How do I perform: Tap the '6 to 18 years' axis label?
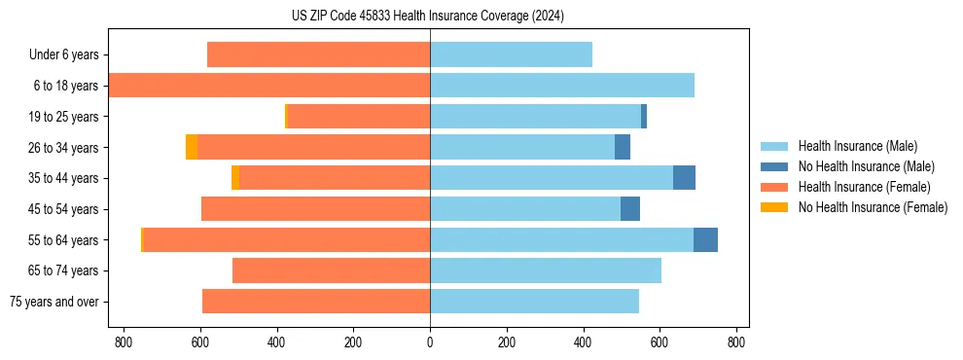pyautogui.click(x=65, y=86)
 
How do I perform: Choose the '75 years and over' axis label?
pyautogui.click(x=54, y=302)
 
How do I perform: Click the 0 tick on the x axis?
pyautogui.click(x=430, y=342)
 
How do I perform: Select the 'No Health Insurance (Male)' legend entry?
pyautogui.click(x=866, y=166)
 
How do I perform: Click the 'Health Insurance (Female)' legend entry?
pyautogui.click(x=864, y=187)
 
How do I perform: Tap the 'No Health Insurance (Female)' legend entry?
pyautogui.click(x=873, y=207)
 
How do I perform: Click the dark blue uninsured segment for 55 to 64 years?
pyautogui.click(x=705, y=240)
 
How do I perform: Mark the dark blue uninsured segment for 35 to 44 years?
pyautogui.click(x=684, y=178)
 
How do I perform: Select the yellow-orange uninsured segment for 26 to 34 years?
pyautogui.click(x=192, y=147)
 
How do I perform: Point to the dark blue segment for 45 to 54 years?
pyautogui.click(x=630, y=209)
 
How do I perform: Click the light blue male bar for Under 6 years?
pyautogui.click(x=511, y=54)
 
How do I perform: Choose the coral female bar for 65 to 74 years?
pyautogui.click(x=331, y=270)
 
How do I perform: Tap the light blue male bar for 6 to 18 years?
pyautogui.click(x=562, y=86)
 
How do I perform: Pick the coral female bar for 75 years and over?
pyautogui.click(x=316, y=302)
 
